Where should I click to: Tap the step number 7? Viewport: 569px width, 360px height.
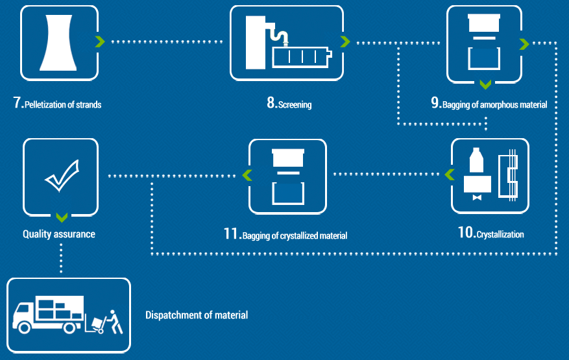pos(17,103)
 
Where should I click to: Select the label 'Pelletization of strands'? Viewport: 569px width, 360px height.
pos(63,104)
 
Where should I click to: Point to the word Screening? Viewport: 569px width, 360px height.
pos(295,104)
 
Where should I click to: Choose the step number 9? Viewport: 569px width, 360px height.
pos(435,103)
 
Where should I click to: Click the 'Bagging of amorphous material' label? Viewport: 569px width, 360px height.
pos(494,104)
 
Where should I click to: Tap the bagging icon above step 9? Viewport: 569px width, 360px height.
pos(483,42)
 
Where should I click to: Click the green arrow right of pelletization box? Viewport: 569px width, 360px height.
pos(99,42)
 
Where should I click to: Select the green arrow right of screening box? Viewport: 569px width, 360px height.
pos(345,42)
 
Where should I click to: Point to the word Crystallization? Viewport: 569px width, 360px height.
pos(500,234)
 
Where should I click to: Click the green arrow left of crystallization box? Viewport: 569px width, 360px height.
pos(448,174)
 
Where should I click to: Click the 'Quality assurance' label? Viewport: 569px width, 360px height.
pos(59,234)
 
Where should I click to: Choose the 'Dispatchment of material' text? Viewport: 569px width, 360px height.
pos(196,315)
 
